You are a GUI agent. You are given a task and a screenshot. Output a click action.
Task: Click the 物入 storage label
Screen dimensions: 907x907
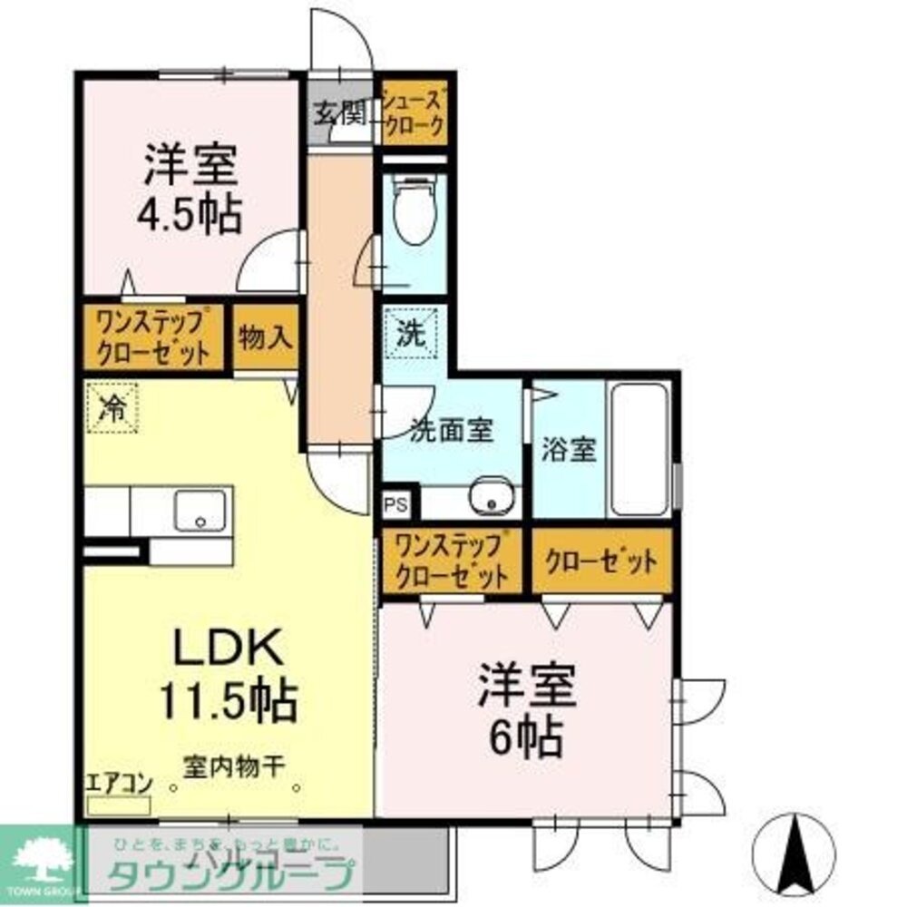tap(266, 338)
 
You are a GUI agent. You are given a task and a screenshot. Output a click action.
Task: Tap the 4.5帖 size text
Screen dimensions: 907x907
tap(190, 216)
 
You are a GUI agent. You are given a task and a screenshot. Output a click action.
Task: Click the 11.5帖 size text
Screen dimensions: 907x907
tap(229, 699)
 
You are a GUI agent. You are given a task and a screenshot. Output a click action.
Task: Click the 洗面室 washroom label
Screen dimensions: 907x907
tap(452, 431)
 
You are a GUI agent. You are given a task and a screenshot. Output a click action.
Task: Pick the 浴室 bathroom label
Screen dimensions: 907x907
tap(570, 450)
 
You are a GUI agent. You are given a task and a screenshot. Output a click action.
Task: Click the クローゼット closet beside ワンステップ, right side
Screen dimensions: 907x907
tap(600, 561)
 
